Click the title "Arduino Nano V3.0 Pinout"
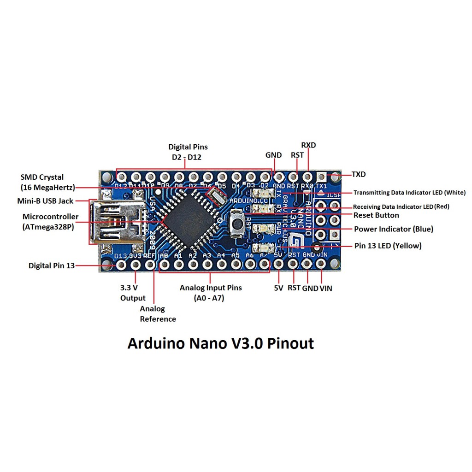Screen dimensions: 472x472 220,344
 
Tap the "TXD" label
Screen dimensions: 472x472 358,175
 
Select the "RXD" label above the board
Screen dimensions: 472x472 308,145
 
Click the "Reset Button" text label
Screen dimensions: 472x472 376,215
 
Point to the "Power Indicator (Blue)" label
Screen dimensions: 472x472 393,229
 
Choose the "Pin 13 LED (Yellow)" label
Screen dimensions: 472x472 387,246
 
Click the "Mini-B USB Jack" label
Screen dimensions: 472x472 45,201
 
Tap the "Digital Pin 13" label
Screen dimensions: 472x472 51,265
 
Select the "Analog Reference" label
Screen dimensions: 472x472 158,314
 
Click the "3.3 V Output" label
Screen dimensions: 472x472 133,293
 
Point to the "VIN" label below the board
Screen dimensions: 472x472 325,289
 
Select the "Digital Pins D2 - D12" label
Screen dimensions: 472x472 188,152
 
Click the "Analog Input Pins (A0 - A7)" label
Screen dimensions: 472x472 211,293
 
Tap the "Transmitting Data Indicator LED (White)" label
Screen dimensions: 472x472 409,193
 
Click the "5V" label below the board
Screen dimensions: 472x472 278,289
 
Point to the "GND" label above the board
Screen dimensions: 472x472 273,155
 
